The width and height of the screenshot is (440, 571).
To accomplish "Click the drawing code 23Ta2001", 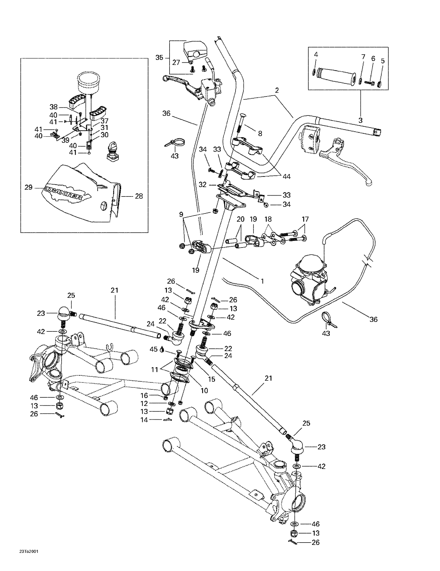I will [29, 551].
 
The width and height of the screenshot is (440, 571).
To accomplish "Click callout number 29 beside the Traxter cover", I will [28, 187].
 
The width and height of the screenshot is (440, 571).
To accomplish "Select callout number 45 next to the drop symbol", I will [153, 349].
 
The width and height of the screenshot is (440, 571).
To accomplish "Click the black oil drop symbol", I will [162, 350].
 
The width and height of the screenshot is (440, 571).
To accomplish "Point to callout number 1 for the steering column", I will [263, 281].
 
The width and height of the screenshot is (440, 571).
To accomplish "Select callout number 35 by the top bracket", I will [159, 57].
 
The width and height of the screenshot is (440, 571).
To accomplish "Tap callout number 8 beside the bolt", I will [260, 134].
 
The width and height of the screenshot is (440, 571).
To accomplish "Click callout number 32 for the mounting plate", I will [203, 185].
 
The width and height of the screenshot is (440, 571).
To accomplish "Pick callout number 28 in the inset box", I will [139, 196].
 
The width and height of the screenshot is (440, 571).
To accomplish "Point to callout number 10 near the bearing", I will [204, 390].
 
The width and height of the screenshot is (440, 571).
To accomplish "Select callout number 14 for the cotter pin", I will [144, 420].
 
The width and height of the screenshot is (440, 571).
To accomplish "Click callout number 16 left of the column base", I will [144, 396].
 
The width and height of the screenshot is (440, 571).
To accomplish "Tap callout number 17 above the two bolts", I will [305, 219].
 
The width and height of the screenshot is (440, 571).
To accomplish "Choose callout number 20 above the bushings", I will [241, 219].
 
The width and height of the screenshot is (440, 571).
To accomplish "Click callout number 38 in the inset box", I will [54, 107].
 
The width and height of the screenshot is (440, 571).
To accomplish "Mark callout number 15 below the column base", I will [211, 379].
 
